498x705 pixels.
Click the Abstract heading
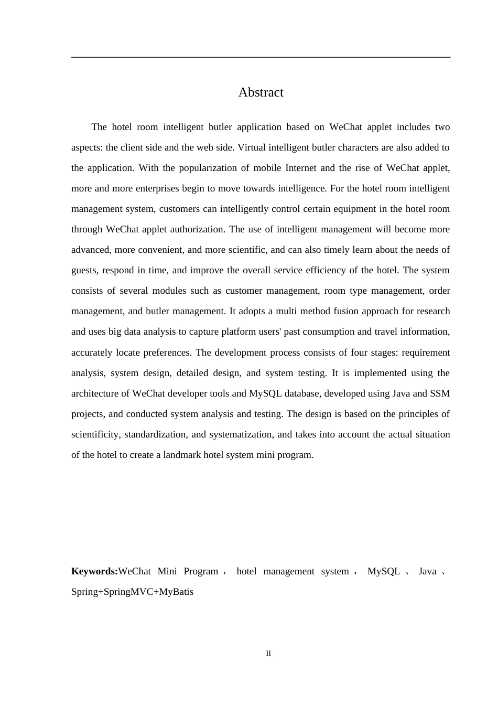click(261, 92)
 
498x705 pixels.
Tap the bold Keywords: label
click(94, 571)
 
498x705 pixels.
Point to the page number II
click(268, 653)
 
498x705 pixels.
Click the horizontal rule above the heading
click(261, 57)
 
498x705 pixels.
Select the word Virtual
click(252, 147)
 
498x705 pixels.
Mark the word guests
click(84, 270)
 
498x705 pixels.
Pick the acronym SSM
click(440, 393)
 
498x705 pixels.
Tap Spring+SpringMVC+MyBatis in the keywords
click(132, 592)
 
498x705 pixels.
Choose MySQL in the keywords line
click(384, 571)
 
